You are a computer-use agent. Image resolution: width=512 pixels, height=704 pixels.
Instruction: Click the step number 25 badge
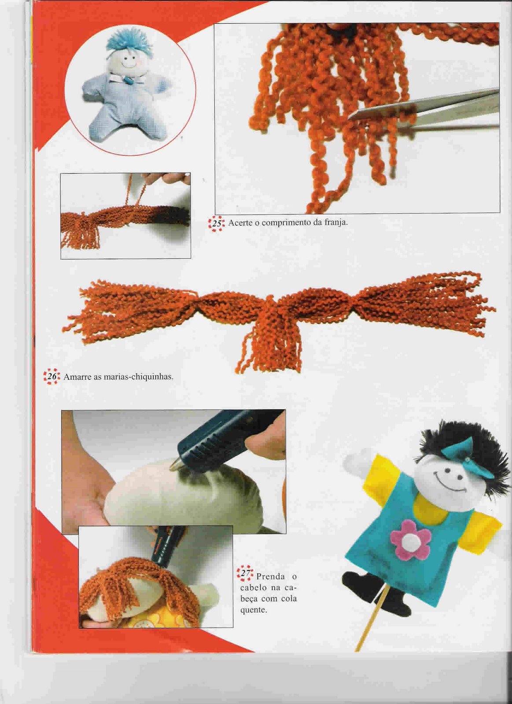click(x=217, y=224)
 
